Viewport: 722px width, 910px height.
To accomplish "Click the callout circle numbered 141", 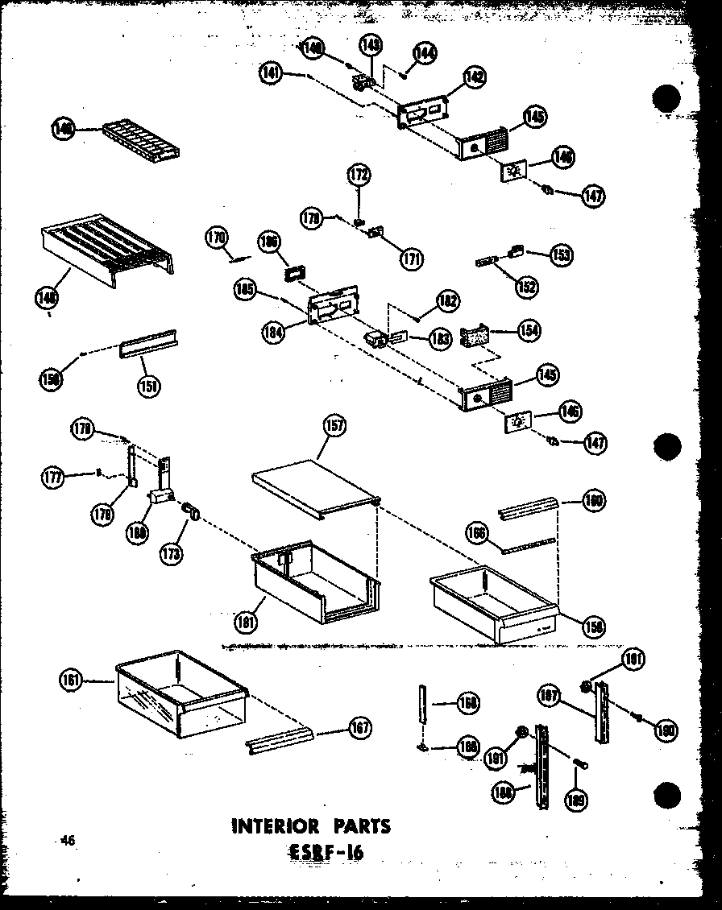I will (272, 72).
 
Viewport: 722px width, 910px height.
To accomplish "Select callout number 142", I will (475, 77).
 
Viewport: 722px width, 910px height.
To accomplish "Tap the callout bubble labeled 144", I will (425, 53).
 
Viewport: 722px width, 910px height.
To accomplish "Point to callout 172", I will (359, 174).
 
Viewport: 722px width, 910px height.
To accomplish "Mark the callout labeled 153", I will (561, 254).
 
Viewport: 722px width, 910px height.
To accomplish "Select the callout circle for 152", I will (529, 285).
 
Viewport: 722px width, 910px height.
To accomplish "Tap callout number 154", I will (530, 330).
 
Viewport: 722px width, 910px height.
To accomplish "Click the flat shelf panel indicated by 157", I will (314, 487).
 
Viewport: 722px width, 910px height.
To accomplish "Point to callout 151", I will (147, 385).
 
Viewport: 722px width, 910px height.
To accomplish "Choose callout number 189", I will (577, 799).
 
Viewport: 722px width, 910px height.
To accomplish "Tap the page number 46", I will (66, 841).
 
